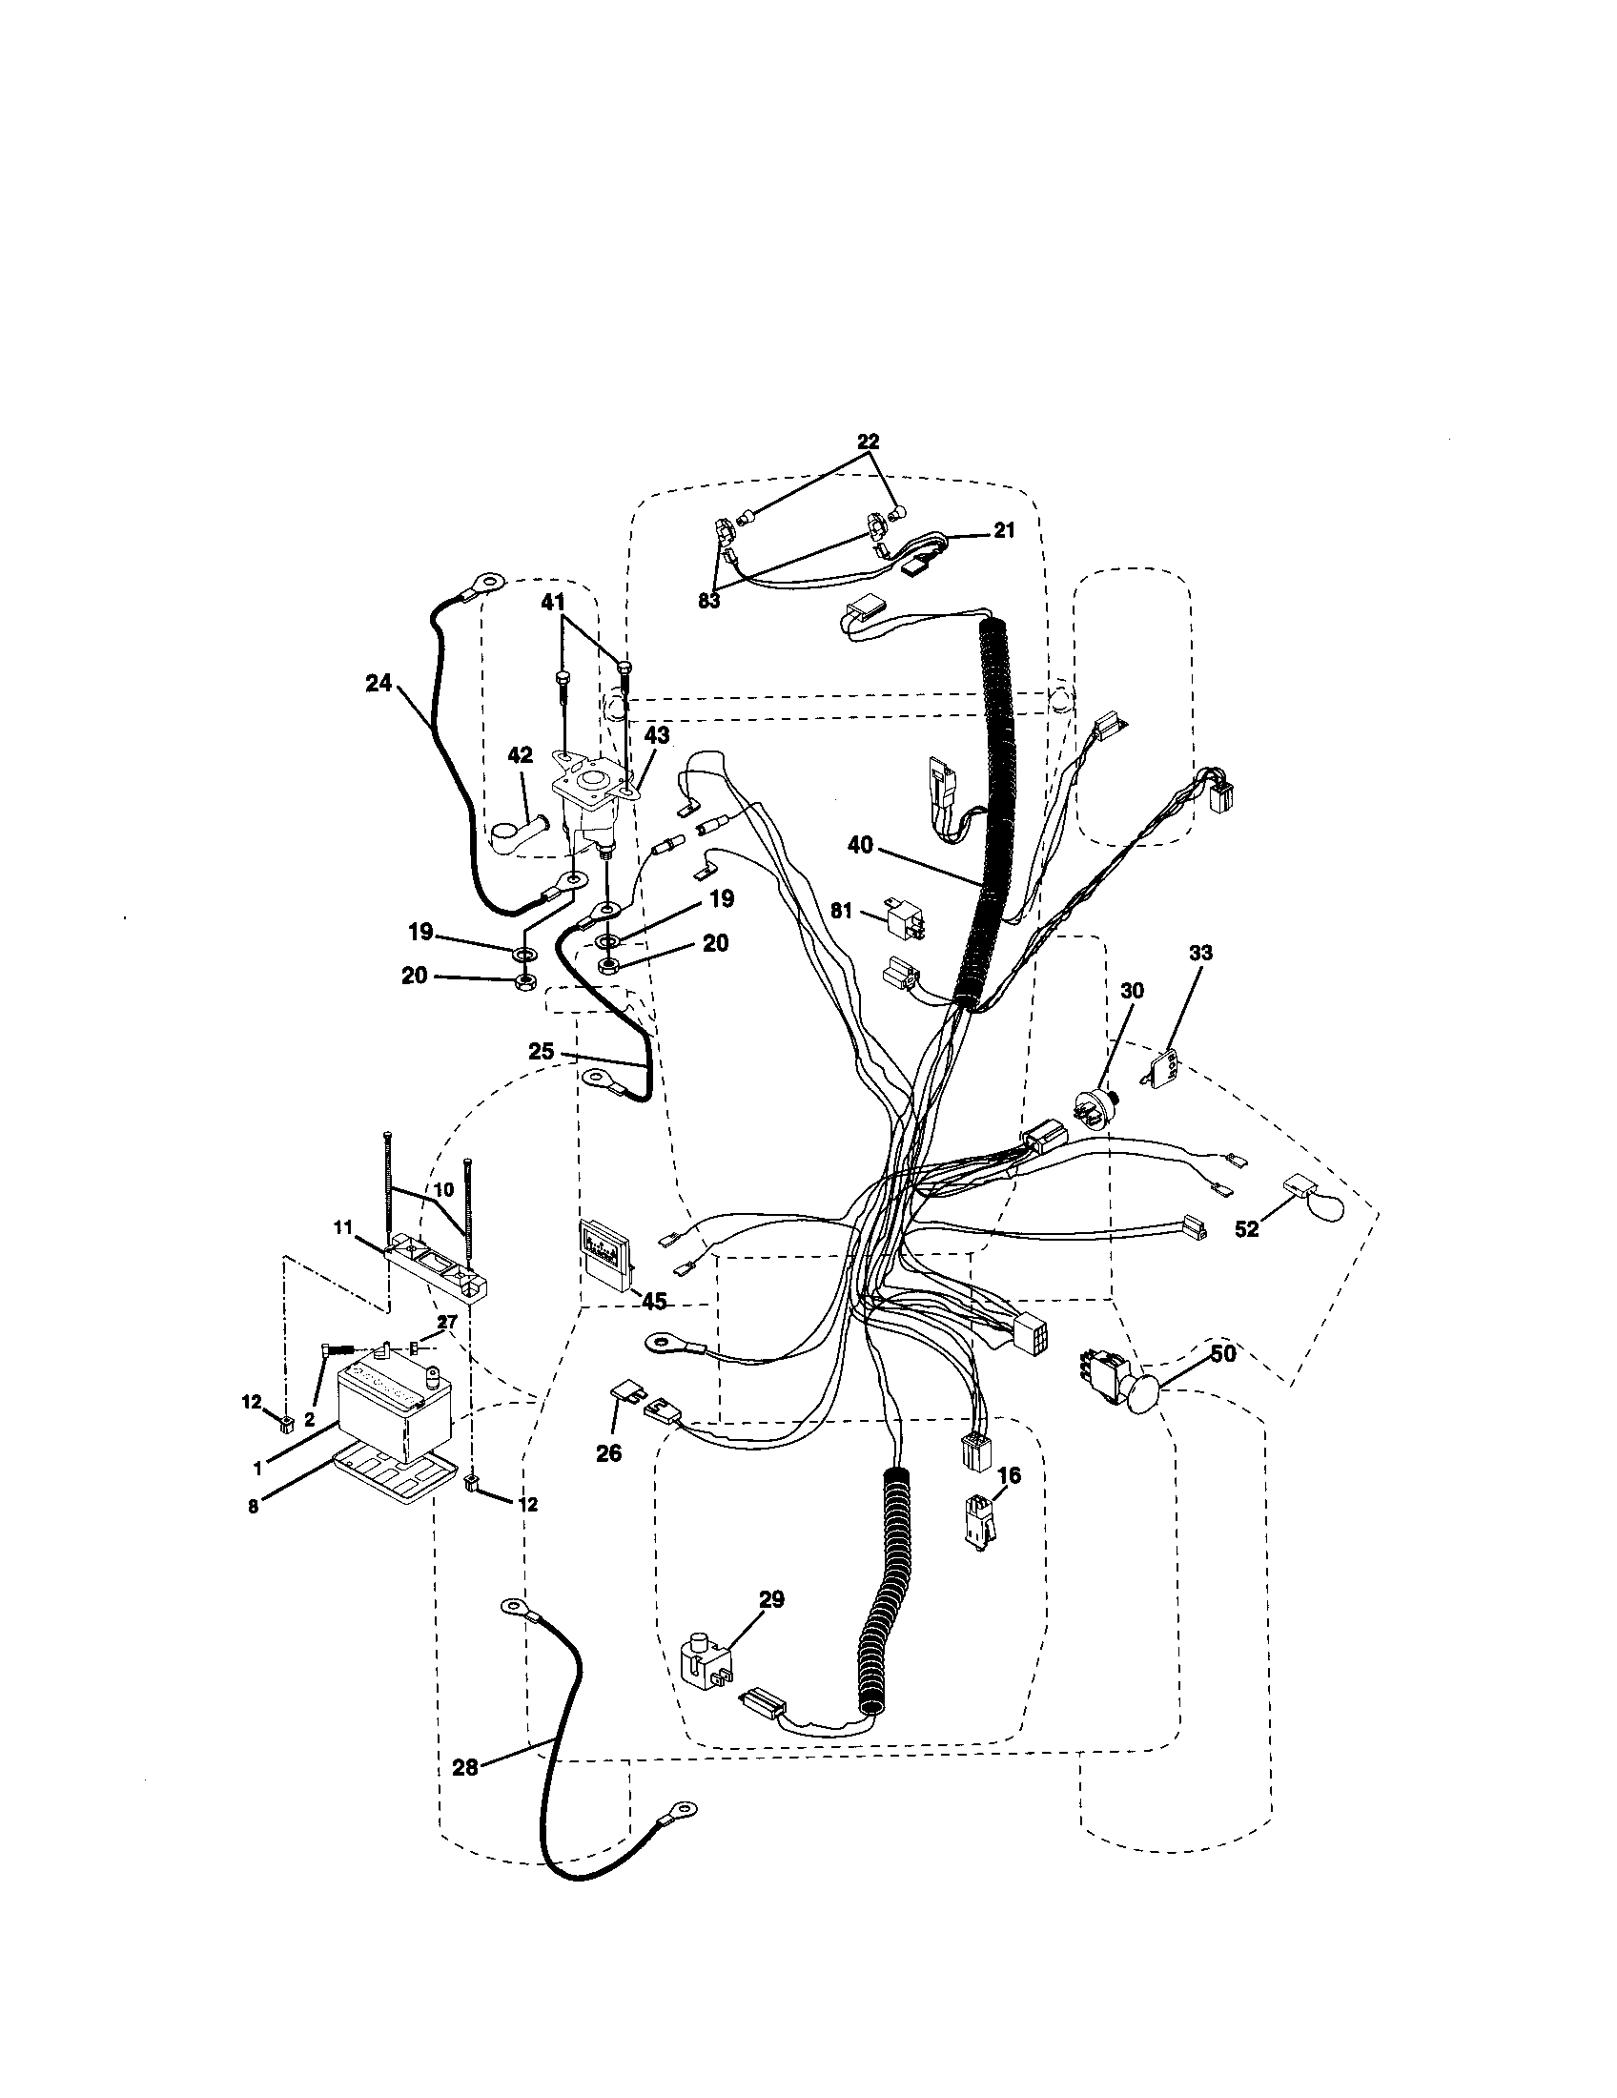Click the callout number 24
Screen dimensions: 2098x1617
pyautogui.click(x=379, y=683)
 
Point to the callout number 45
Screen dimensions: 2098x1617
pyautogui.click(x=654, y=1301)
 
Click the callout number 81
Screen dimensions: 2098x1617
pyautogui.click(x=841, y=911)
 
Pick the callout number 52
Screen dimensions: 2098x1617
pyautogui.click(x=1246, y=1228)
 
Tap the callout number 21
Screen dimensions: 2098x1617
pyautogui.click(x=1003, y=530)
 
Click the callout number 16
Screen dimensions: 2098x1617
pyautogui.click(x=1008, y=1475)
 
